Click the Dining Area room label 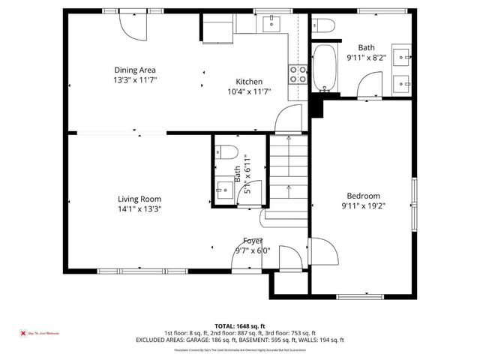(x=135, y=70)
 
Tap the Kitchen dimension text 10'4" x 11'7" (x=249, y=91)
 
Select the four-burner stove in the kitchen (x=298, y=73)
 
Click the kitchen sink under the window (x=271, y=24)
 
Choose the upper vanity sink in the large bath (x=403, y=55)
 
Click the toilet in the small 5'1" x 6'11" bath (x=225, y=151)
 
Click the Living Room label (x=139, y=199)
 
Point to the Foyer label (x=252, y=241)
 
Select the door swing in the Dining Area (x=135, y=25)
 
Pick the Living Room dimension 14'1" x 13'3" (x=139, y=209)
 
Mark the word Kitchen (x=249, y=82)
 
